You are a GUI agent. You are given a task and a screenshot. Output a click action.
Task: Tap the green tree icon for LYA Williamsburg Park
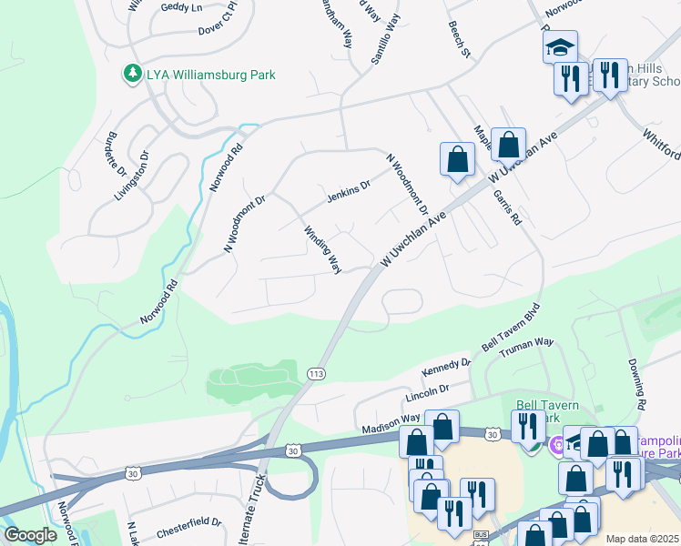click(133, 74)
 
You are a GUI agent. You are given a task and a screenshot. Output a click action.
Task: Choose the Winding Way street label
click(322, 250)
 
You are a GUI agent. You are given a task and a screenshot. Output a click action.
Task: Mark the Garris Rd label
click(508, 207)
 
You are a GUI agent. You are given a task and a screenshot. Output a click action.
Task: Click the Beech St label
click(458, 42)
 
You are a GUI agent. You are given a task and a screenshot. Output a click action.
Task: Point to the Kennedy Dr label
click(446, 368)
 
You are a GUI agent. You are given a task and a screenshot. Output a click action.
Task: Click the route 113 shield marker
click(317, 374)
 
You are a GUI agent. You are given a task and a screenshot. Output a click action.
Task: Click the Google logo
click(30, 535)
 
